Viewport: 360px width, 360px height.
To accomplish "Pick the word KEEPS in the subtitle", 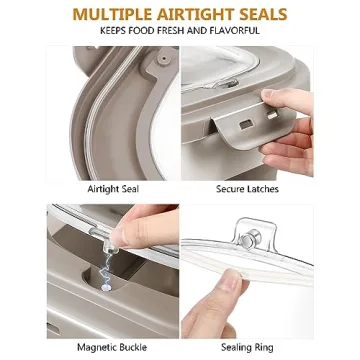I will (117, 31).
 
